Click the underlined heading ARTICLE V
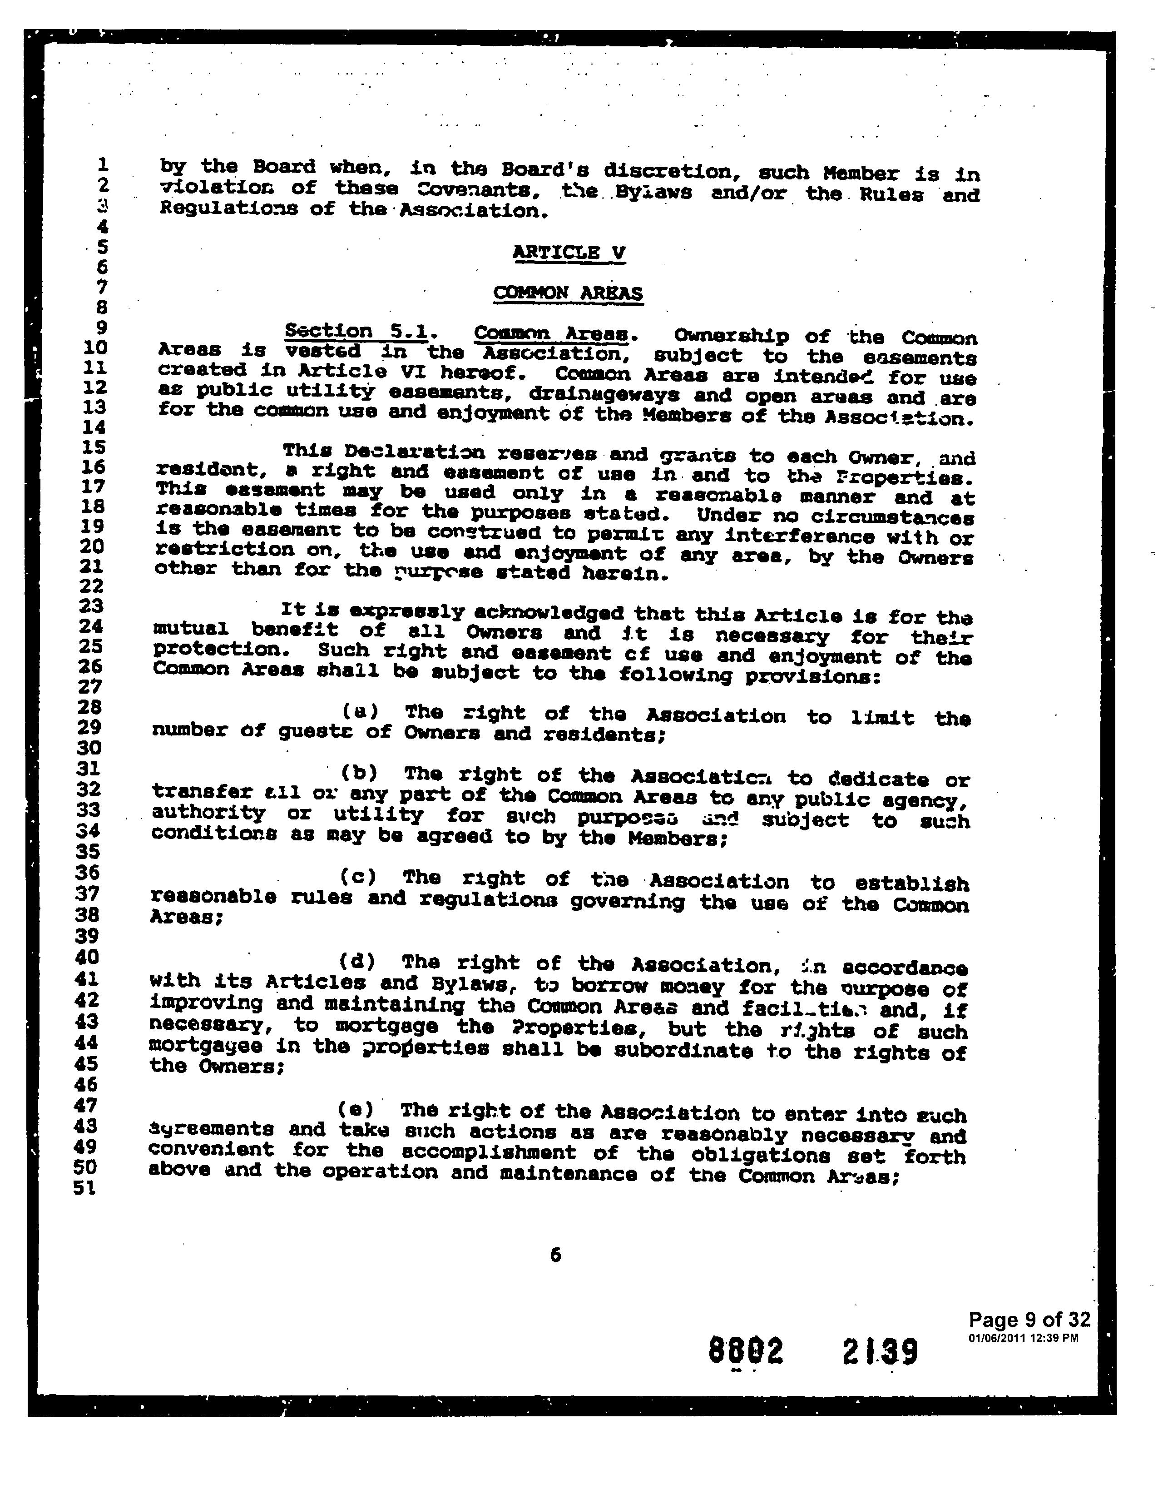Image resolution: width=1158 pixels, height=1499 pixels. click(x=569, y=253)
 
